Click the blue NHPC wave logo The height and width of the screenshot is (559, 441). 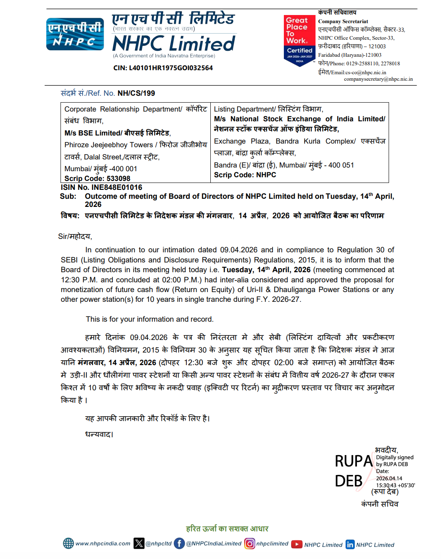tap(75, 34)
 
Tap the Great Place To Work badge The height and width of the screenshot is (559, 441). tap(299, 40)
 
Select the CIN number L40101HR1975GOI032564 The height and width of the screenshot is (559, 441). tap(163, 68)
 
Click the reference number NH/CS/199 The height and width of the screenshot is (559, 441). tap(136, 93)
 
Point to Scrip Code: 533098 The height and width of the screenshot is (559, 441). tap(97, 178)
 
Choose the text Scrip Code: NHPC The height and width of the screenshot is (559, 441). tap(245, 175)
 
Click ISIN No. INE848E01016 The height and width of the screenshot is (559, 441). tap(102, 187)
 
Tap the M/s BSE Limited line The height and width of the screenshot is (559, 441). tap(117, 133)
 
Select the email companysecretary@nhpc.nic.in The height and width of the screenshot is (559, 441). tap(378, 79)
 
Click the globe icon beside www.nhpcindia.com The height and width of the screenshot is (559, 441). tap(68, 543)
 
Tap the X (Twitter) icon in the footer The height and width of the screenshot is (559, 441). tap(139, 543)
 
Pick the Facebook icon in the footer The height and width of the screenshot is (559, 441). tap(179, 543)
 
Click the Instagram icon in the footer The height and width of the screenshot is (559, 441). tap(250, 543)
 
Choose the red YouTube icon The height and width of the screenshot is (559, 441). tap(297, 544)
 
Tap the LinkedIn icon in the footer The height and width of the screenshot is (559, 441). tap(350, 544)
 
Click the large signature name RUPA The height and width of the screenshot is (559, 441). tap(353, 461)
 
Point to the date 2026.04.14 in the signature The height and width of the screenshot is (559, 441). tap(389, 478)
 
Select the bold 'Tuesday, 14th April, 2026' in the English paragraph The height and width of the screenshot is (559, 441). tap(266, 270)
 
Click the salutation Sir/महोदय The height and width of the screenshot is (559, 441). tap(75, 236)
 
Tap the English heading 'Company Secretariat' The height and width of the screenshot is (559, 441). tap(343, 21)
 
